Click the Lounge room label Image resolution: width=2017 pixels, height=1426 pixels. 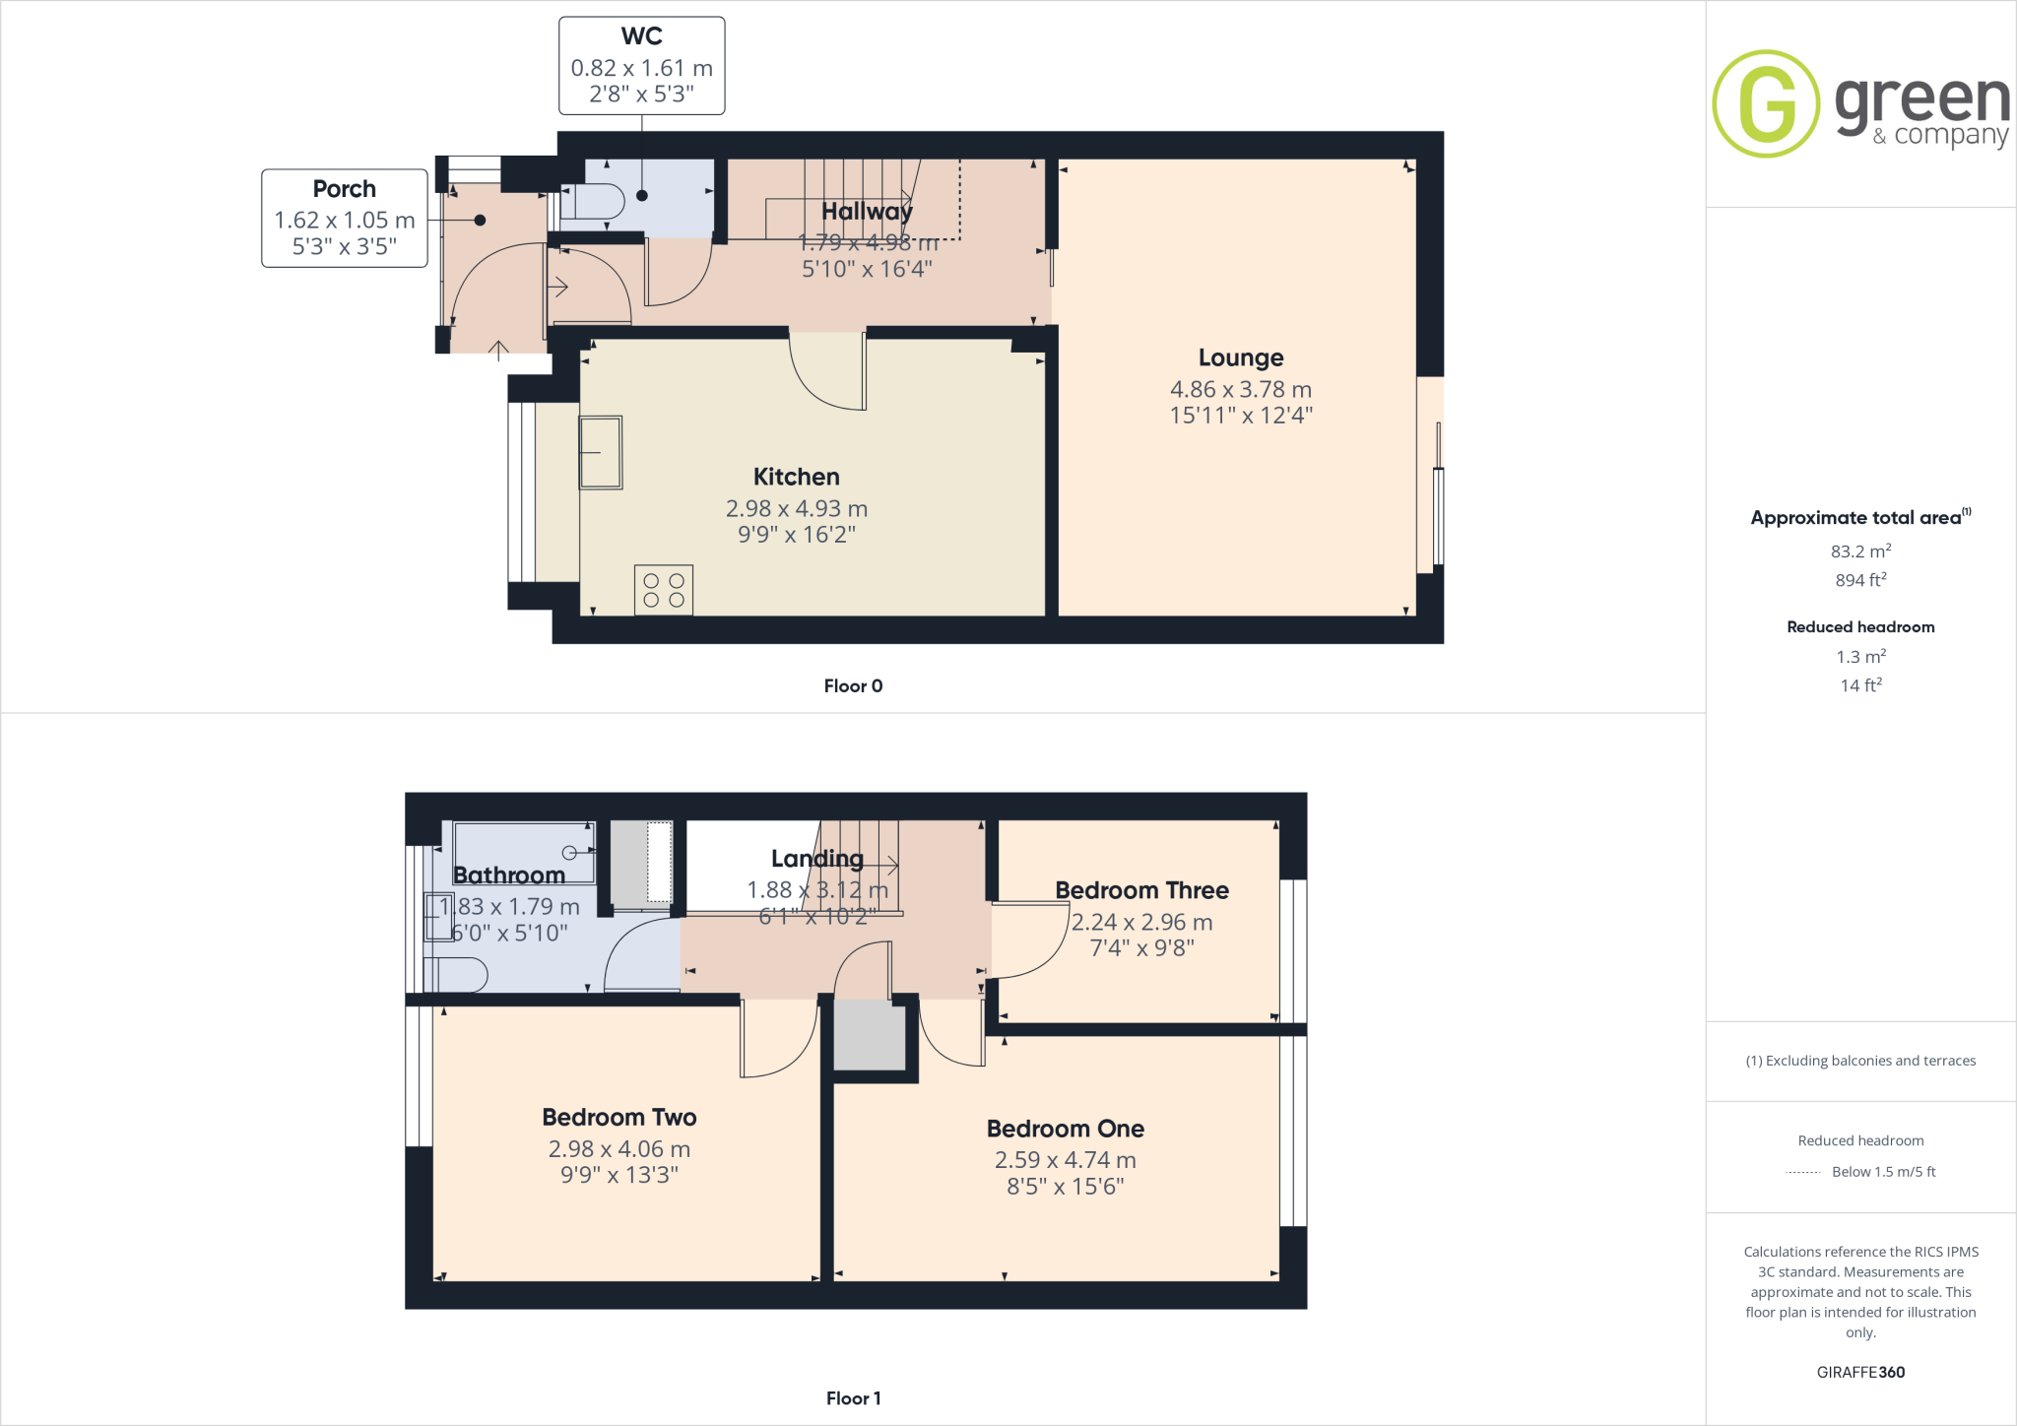click(x=1240, y=357)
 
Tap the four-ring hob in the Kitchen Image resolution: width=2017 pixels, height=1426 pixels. click(x=664, y=590)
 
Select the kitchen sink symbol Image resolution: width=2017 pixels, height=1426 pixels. click(x=600, y=452)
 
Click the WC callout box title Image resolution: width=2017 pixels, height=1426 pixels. click(x=641, y=36)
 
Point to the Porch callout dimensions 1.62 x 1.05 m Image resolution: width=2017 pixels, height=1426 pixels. click(x=344, y=221)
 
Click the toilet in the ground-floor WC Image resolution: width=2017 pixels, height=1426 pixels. click(x=597, y=202)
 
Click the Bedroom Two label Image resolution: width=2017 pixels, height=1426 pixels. click(x=618, y=1117)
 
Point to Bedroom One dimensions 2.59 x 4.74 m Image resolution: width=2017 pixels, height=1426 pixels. click(x=1065, y=1160)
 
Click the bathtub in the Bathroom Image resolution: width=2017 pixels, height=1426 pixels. click(x=524, y=853)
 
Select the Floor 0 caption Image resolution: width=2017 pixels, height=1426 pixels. click(x=853, y=686)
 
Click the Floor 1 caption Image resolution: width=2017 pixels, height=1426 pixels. click(x=853, y=1398)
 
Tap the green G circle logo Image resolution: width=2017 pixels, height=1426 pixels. click(x=1765, y=103)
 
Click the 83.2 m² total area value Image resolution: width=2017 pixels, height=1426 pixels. click(x=1859, y=551)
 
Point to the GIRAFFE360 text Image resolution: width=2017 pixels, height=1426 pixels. click(x=1859, y=1372)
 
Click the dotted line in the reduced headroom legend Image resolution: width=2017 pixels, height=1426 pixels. click(x=1802, y=1172)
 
